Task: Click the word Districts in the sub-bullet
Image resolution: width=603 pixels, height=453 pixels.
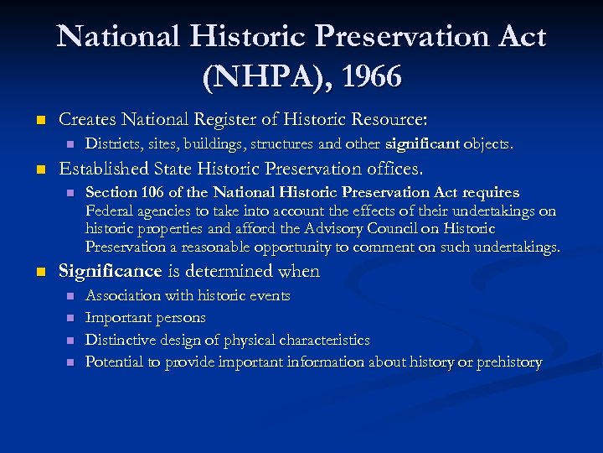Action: tap(113, 144)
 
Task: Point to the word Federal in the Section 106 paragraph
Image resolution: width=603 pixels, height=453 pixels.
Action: tap(110, 211)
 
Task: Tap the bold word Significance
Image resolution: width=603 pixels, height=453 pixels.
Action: tap(109, 271)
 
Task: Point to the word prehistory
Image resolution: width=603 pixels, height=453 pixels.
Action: tap(509, 362)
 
